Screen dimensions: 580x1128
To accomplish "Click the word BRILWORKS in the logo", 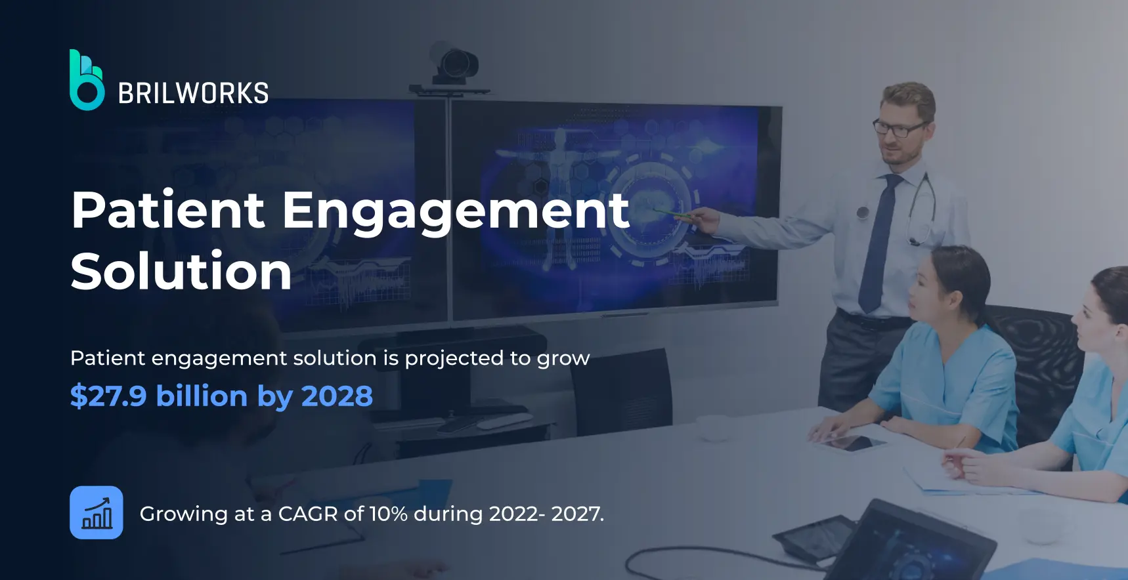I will click(193, 94).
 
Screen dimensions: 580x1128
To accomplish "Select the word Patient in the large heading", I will click(168, 210).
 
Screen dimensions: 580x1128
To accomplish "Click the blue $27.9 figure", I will click(108, 396).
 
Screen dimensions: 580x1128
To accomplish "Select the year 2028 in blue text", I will click(337, 396).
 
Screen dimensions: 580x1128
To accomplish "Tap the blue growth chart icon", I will click(97, 512).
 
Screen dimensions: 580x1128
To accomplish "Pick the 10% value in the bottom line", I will click(388, 514).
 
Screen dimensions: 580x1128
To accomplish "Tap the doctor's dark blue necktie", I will click(880, 243).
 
